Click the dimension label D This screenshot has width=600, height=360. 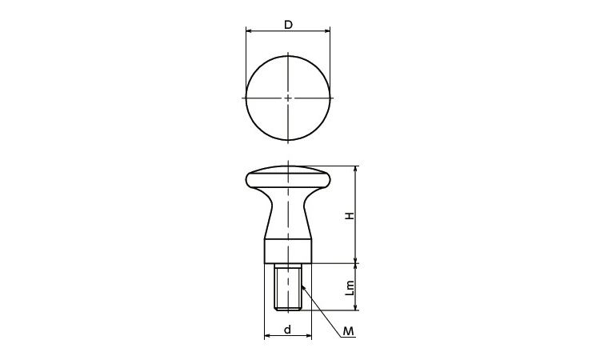288,25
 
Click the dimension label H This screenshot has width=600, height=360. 350,216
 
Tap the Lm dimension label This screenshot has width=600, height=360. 350,288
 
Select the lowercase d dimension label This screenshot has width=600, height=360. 288,330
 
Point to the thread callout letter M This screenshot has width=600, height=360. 348,331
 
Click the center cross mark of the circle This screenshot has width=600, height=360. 288,98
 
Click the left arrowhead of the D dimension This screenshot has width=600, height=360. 248,30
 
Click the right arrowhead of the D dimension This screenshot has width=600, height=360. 327,30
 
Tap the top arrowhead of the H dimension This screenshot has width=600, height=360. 356,169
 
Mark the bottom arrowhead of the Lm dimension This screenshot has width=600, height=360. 356,307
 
